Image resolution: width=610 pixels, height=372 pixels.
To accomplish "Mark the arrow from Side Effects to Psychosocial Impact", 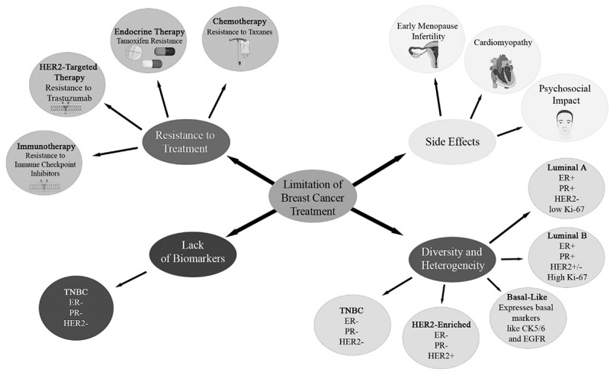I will [x=508, y=131].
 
